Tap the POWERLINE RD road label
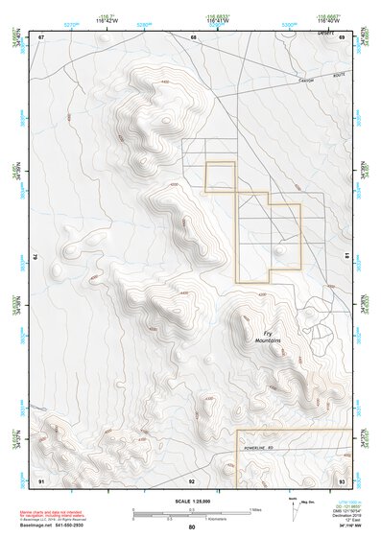[x=273, y=446]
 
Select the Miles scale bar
[x=192, y=509]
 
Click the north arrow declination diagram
[x=295, y=510]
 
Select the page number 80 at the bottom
[x=192, y=528]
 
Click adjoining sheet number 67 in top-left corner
[x=41, y=37]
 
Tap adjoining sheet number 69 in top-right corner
[x=342, y=37]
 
